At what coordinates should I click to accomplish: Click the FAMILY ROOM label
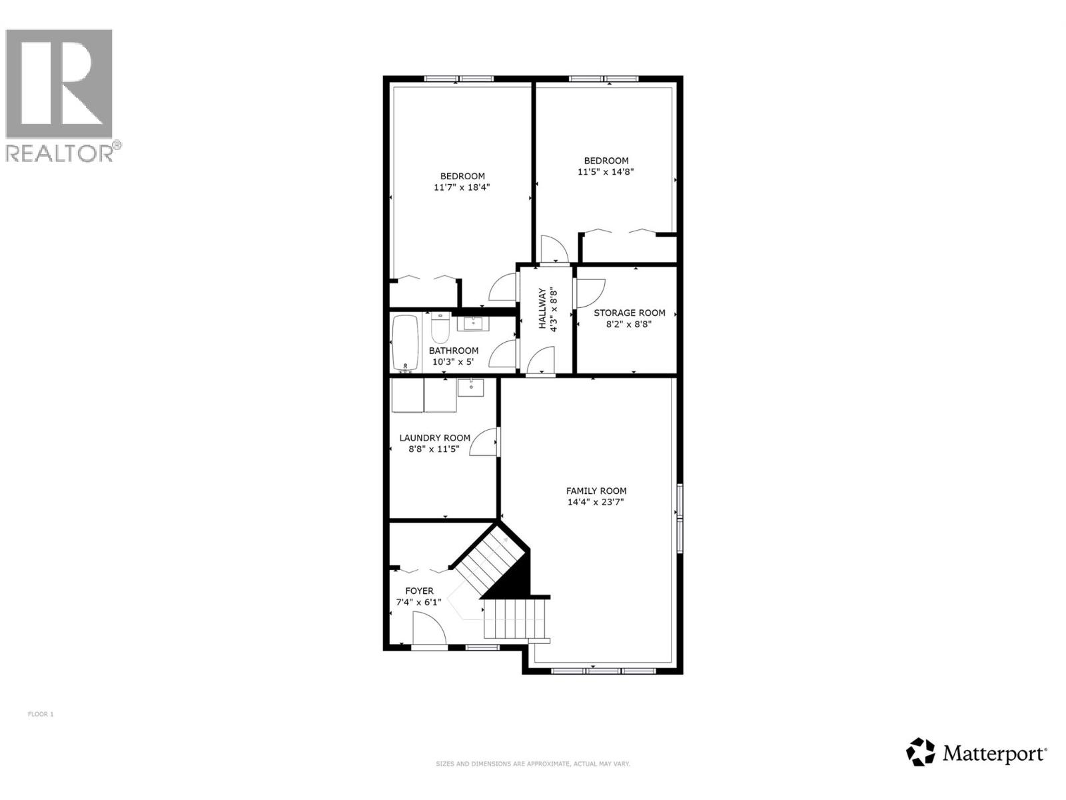(596, 491)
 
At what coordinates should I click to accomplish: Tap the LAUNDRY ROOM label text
(434, 438)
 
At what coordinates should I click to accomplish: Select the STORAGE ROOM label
(629, 313)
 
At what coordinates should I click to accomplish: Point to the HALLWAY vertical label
(542, 309)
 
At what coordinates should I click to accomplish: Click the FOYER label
(419, 591)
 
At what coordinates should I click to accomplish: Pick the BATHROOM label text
(453, 351)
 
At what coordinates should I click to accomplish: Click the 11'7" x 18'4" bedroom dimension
(462, 187)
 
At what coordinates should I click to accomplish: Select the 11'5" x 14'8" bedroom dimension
(606, 171)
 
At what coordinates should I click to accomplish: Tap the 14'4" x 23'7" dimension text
(596, 502)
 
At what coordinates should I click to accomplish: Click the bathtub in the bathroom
(405, 343)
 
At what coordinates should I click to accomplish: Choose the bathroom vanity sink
(473, 324)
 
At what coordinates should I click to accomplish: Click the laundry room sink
(471, 387)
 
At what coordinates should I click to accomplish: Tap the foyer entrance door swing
(428, 630)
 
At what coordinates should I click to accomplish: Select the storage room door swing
(590, 292)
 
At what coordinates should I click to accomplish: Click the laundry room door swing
(484, 443)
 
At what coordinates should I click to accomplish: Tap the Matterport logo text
(993, 754)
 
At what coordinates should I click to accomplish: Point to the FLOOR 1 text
(41, 714)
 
